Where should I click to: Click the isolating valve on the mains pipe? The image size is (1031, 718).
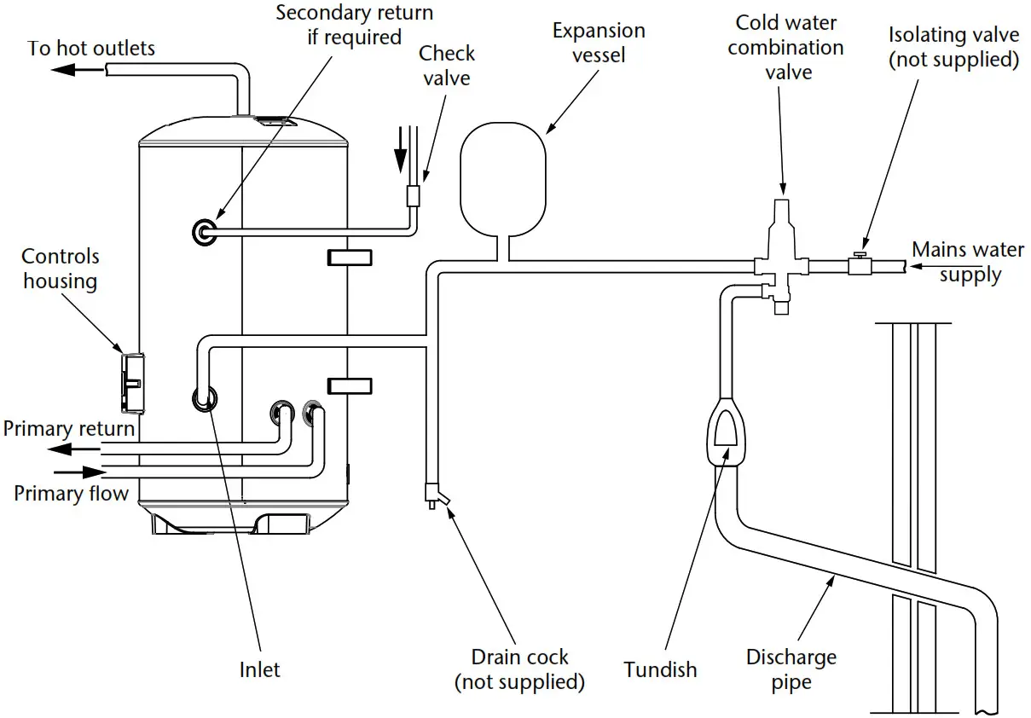tap(858, 265)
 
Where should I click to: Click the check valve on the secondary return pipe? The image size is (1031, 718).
tap(414, 197)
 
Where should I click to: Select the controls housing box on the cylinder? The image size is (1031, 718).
tap(131, 377)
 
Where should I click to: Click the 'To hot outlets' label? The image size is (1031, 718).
tap(91, 48)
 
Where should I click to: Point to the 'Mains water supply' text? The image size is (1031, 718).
tap(968, 262)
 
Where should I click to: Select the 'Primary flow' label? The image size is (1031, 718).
tap(72, 493)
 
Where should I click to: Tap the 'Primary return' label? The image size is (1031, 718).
tap(69, 428)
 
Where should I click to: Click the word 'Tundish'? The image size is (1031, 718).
tap(660, 669)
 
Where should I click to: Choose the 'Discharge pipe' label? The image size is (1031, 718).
tap(791, 670)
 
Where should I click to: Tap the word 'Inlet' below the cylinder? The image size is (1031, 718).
tap(259, 669)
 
